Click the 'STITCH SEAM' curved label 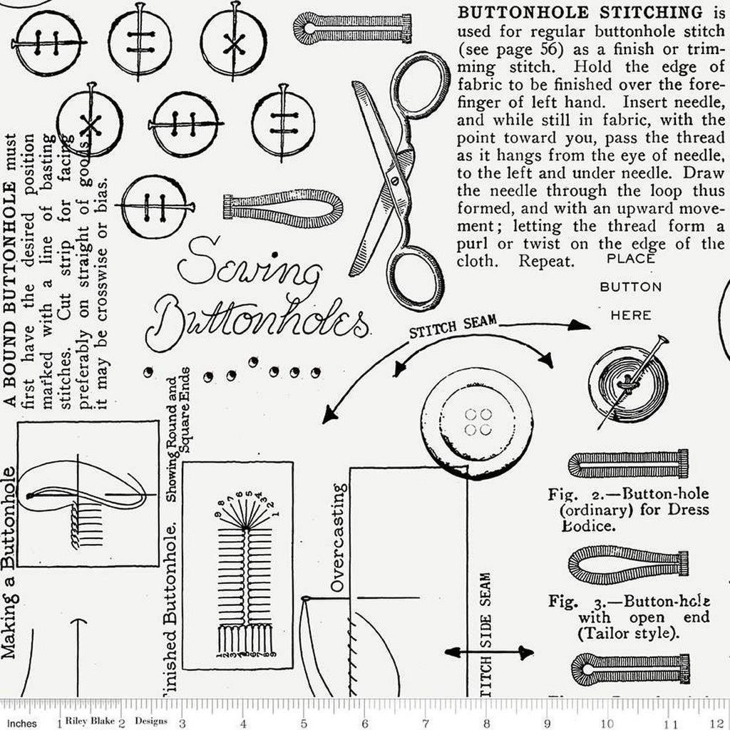452,329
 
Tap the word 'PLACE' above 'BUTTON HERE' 630,259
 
